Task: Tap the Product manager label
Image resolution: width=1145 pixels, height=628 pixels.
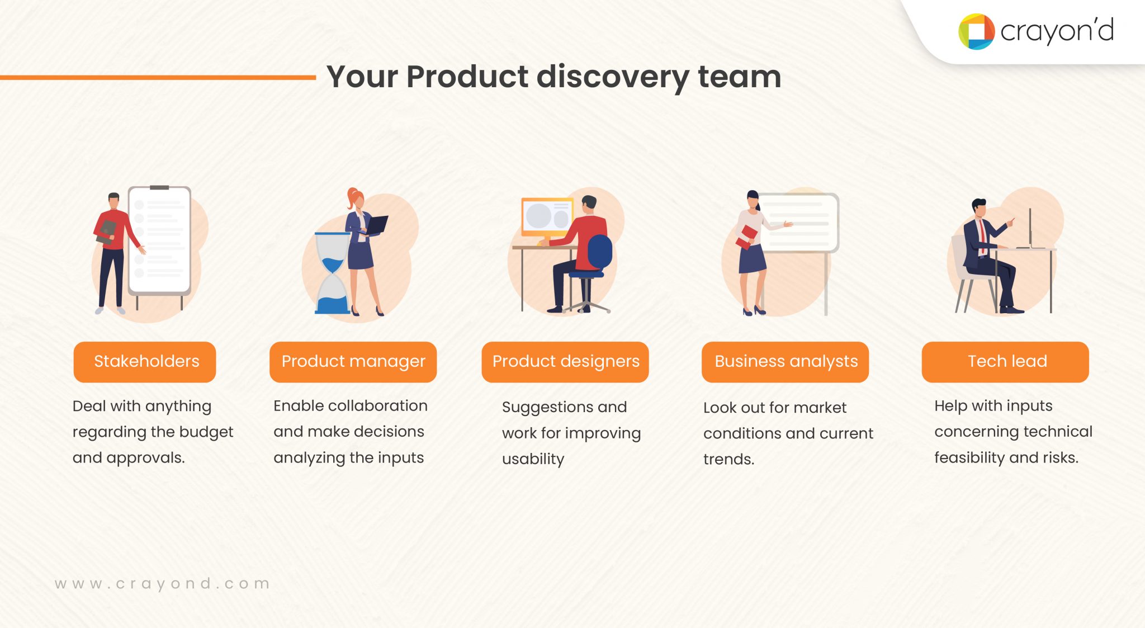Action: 353,362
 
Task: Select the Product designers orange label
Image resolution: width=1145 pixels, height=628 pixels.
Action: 565,362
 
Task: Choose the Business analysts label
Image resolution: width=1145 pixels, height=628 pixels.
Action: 786,362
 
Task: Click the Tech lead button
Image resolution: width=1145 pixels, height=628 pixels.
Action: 1005,362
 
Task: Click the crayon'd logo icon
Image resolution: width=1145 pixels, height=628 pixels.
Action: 976,31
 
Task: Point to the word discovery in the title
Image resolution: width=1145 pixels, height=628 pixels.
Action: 612,77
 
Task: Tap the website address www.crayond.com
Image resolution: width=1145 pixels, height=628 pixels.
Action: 162,583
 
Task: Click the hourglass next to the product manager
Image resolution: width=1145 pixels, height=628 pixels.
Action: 332,273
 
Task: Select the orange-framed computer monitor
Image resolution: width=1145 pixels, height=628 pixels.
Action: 547,216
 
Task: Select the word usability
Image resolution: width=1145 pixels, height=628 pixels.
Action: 533,459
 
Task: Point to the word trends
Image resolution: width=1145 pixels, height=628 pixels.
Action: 728,460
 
